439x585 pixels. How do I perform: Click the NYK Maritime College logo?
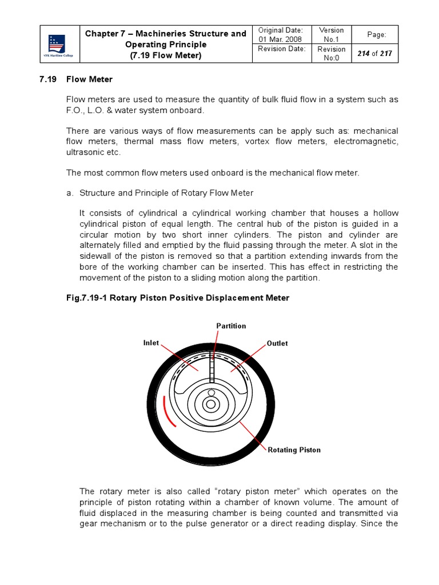57,44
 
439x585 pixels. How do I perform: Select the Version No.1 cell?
332,34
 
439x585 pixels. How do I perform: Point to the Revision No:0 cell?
332,53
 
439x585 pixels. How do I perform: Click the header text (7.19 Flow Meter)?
166,55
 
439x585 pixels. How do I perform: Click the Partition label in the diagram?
231,326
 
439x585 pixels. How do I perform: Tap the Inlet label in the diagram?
151,343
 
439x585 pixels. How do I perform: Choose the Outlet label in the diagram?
277,343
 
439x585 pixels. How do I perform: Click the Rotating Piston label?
294,450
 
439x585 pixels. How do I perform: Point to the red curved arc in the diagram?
167,411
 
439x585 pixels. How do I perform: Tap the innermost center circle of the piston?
211,404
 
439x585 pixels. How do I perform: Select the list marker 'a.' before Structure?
70,193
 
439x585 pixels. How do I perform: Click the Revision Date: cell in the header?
282,49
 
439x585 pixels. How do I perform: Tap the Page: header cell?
376,35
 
